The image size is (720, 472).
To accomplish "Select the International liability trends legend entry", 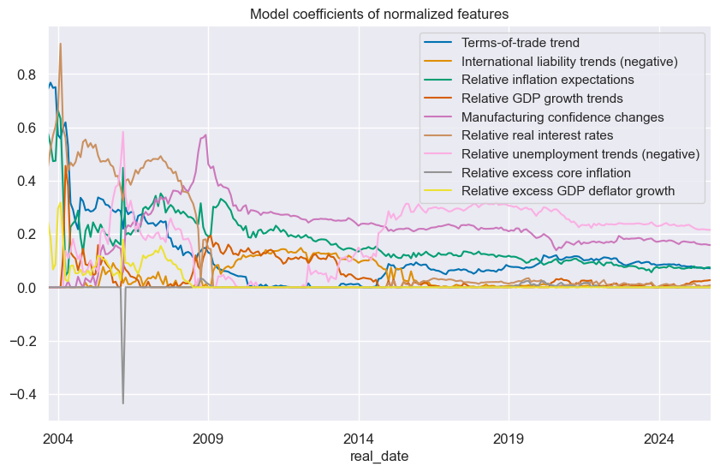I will click(x=569, y=62).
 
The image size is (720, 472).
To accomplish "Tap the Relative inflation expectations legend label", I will click(x=549, y=80).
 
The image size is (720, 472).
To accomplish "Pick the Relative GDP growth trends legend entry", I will click(x=542, y=99).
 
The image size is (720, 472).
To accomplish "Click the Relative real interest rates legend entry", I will click(x=536, y=135).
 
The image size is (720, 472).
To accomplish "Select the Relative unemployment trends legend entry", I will click(x=580, y=153).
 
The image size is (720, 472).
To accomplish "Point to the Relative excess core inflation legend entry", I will click(x=545, y=172).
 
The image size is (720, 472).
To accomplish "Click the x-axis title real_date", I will click(x=379, y=457).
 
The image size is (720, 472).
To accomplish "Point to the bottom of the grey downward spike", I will click(x=122, y=403).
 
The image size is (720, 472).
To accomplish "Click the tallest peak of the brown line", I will click(x=60, y=44).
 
